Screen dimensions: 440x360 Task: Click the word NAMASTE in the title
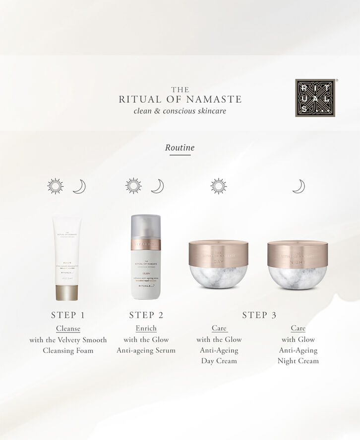click(217, 100)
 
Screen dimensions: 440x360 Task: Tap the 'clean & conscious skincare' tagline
click(180, 111)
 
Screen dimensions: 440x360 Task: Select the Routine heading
click(180, 148)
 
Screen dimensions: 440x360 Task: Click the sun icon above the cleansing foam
click(56, 186)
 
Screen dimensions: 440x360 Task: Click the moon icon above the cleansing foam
click(79, 186)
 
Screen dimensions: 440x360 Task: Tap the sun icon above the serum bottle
click(133, 186)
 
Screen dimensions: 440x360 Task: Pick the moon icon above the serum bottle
click(157, 186)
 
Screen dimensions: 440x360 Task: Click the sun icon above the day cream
click(218, 186)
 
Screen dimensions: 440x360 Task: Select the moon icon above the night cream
click(298, 186)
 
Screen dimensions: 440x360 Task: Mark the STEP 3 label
click(259, 315)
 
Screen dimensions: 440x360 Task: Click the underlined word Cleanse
click(68, 329)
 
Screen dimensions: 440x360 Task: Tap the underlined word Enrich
click(146, 329)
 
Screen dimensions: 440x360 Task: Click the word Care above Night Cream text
click(298, 329)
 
